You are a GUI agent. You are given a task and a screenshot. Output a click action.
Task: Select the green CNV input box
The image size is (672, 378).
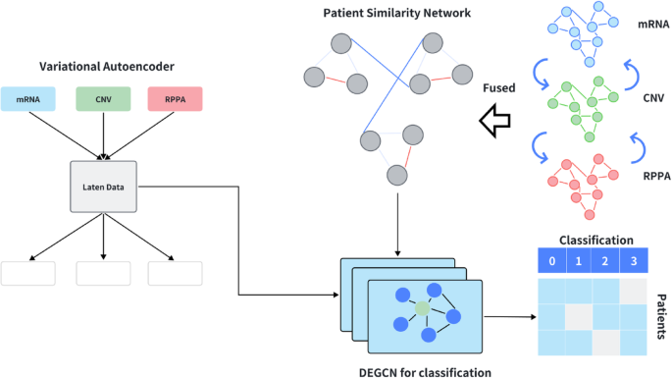103,99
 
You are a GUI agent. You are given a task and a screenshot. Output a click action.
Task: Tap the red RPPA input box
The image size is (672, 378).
176,99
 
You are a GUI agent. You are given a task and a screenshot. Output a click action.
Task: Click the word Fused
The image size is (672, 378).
499,87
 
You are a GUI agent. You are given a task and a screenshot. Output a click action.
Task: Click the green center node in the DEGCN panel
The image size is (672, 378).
421,309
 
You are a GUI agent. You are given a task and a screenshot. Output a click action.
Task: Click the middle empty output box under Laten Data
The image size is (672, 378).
103,274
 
